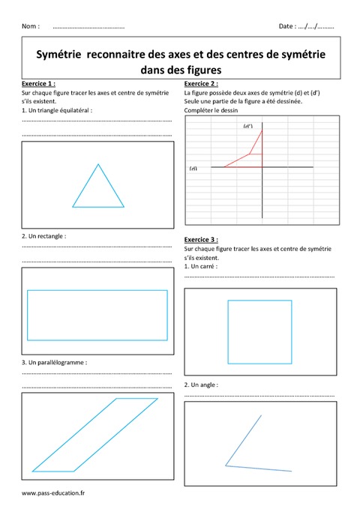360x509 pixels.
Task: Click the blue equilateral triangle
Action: (x=98, y=187)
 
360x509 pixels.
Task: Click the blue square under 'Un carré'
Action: (x=259, y=330)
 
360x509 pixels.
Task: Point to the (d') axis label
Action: (x=247, y=126)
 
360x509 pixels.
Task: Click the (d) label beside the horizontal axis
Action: (x=193, y=169)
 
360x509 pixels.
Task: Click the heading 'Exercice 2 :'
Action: (x=201, y=83)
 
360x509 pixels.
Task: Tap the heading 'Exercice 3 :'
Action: (x=201, y=240)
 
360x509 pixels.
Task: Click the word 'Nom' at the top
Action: (x=30, y=26)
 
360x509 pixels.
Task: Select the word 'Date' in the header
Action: (x=286, y=26)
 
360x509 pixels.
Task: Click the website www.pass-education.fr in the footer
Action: (x=53, y=493)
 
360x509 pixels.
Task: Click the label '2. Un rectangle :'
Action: (x=44, y=235)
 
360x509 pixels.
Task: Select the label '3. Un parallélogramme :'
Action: (x=55, y=361)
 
